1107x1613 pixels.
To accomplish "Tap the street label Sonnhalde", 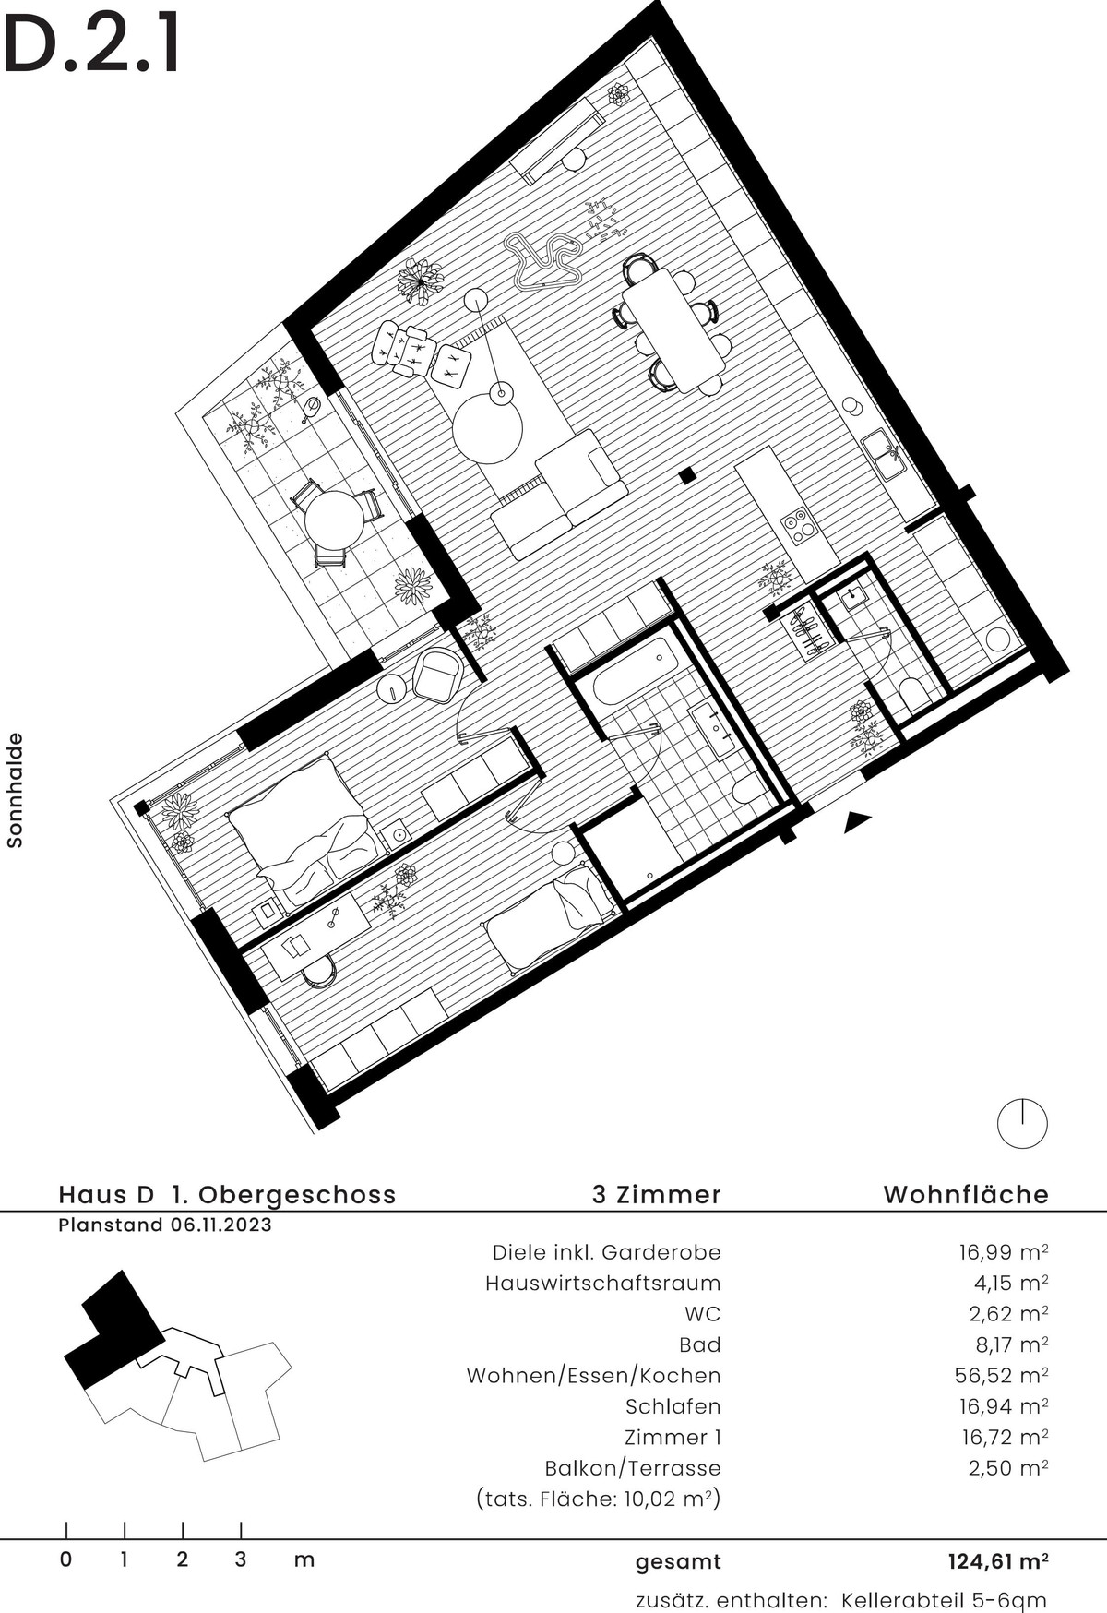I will pyautogui.click(x=14, y=791).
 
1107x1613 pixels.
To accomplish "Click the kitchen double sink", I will pyautogui.click(x=884, y=455).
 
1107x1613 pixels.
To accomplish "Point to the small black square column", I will pyautogui.click(x=686, y=476).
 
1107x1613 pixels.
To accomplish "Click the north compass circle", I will pyautogui.click(x=1023, y=1124).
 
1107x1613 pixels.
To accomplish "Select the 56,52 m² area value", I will pyautogui.click(x=1002, y=1376).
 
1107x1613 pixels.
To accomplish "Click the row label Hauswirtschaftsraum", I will pyautogui.click(x=603, y=1283).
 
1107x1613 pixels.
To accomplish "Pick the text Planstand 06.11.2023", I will pyautogui.click(x=165, y=1225).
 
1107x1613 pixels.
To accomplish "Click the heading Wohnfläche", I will pyautogui.click(x=966, y=1194).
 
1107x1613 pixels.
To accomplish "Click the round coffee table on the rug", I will pyautogui.click(x=487, y=429).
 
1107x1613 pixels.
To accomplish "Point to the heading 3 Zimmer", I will pyautogui.click(x=656, y=1194).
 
